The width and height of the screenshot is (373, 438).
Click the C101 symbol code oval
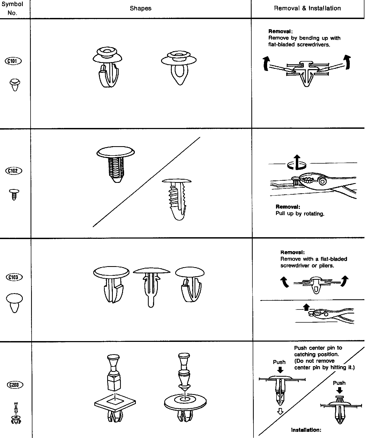13,61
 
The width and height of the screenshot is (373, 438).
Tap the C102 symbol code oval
14,171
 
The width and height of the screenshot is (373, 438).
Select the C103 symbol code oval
14,277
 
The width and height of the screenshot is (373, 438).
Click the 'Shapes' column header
141,8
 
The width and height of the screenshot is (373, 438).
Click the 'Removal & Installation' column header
307,8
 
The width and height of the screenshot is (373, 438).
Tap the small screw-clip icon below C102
14,194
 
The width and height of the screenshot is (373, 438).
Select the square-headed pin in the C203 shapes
114,372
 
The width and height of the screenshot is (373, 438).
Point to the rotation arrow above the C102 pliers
297,164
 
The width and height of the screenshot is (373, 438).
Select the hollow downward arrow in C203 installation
280,411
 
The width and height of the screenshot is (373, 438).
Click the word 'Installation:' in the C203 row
306,430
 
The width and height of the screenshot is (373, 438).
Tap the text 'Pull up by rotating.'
300,214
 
